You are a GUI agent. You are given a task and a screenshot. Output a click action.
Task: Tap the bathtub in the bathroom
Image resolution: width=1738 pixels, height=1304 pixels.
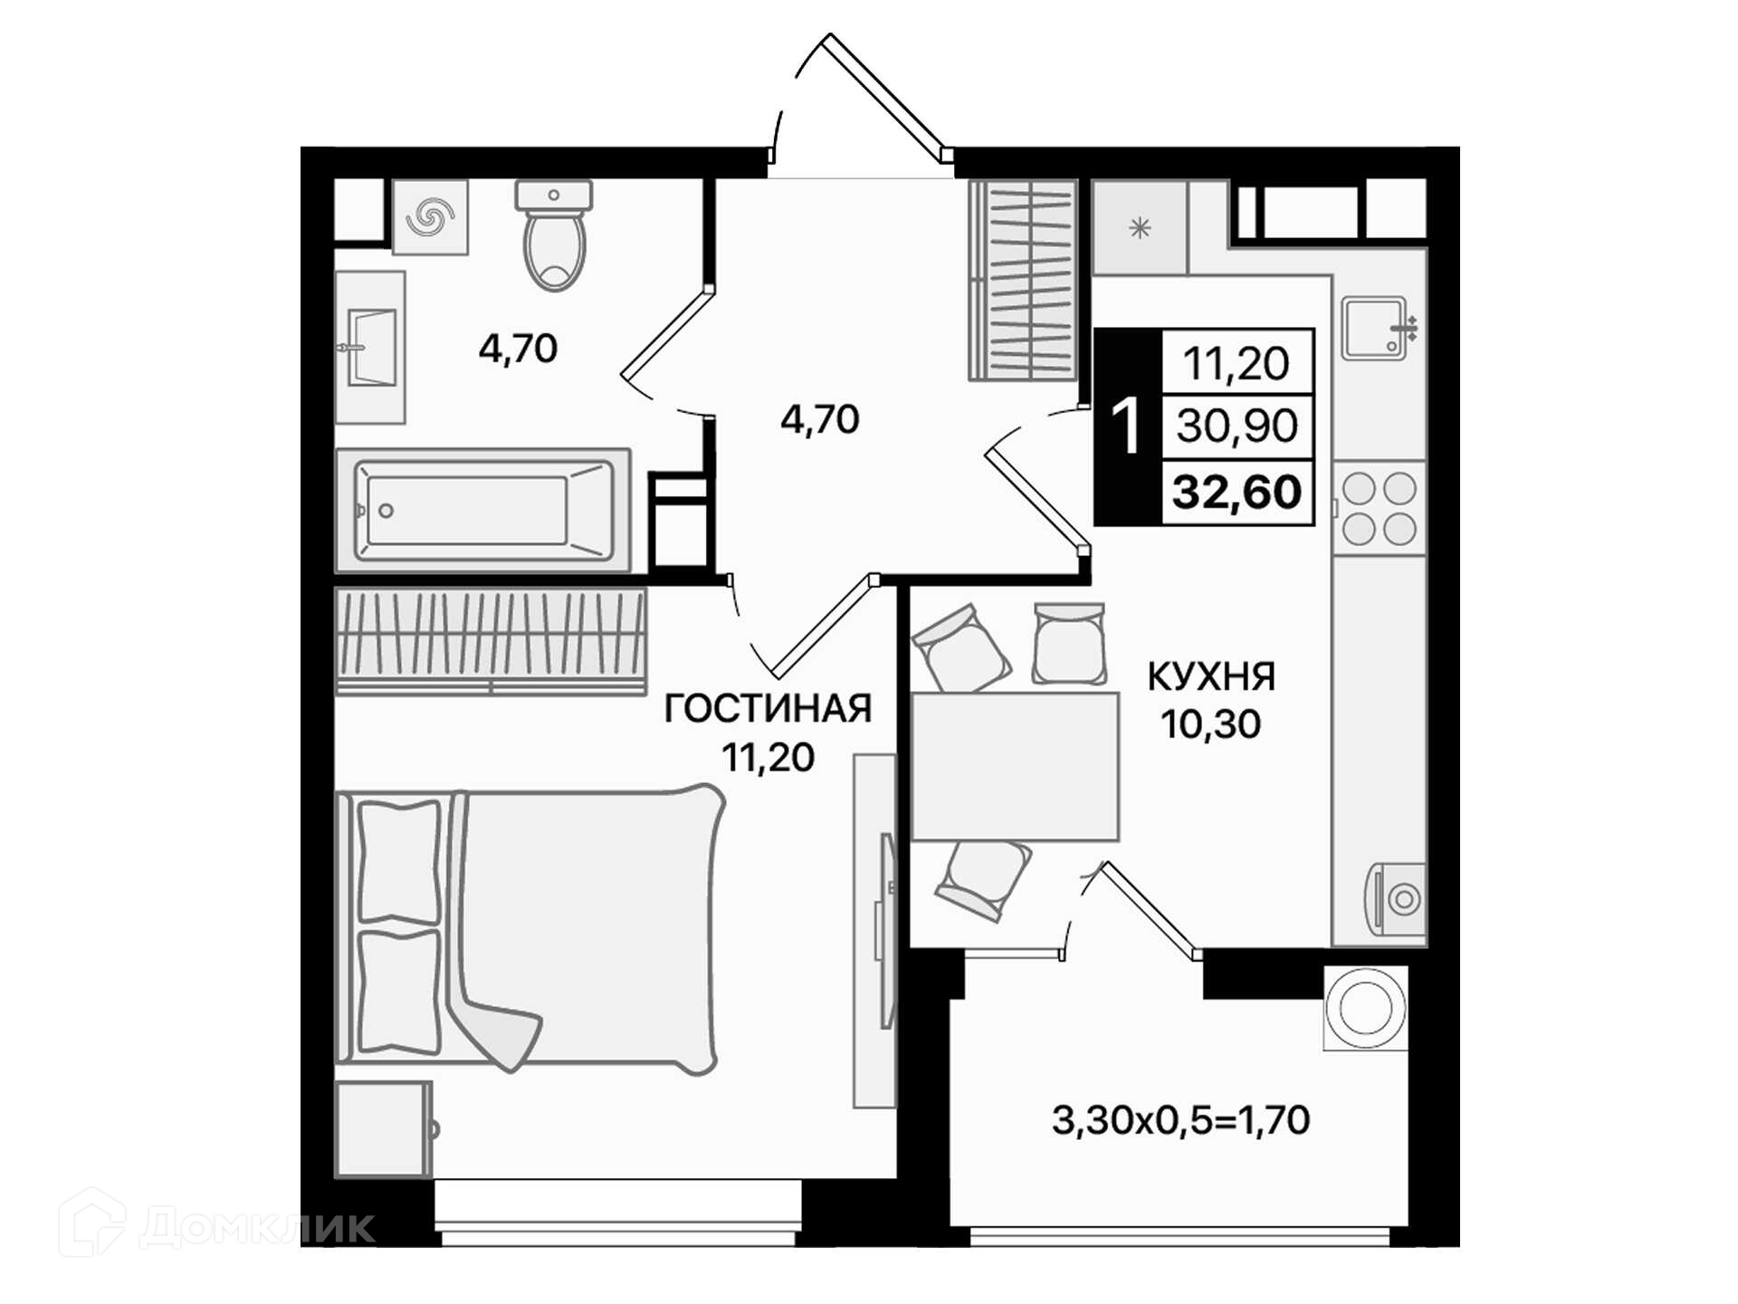coord(483,510)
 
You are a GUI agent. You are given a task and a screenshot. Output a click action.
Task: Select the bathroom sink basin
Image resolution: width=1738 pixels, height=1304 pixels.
coord(371,348)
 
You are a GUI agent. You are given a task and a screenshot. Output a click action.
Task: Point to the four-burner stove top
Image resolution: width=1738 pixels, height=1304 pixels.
coord(1380,508)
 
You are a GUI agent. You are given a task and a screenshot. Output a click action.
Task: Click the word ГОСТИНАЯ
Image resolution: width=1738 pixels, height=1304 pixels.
coord(768,708)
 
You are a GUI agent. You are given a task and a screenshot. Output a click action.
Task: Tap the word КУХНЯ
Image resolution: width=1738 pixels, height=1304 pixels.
coord(1211,676)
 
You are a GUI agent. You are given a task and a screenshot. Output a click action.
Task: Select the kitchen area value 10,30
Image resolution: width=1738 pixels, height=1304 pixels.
coord(1210,724)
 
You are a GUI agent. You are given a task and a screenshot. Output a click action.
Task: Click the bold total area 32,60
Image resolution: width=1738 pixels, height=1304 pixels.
coord(1237,492)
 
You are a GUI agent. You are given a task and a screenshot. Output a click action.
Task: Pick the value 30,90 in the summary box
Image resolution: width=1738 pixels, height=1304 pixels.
coord(1237,425)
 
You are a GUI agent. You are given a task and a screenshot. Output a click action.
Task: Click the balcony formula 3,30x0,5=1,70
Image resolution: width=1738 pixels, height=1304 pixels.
coord(1180,1120)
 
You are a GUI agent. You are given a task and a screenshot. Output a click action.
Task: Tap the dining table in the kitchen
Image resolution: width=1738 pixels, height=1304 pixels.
coord(1015,767)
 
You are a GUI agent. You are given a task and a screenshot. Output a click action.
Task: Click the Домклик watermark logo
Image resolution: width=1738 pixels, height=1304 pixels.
coord(217,1223)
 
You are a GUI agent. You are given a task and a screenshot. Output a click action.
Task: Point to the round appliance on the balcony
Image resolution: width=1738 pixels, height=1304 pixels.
coord(1365,1008)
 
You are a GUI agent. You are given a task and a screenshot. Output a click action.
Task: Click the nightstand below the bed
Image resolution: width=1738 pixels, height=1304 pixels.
coord(384,1129)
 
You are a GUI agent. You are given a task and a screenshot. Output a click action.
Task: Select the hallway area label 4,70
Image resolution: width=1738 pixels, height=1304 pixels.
coord(819,419)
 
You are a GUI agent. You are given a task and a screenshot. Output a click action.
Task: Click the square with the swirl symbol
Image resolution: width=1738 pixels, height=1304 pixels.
coord(430,217)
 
